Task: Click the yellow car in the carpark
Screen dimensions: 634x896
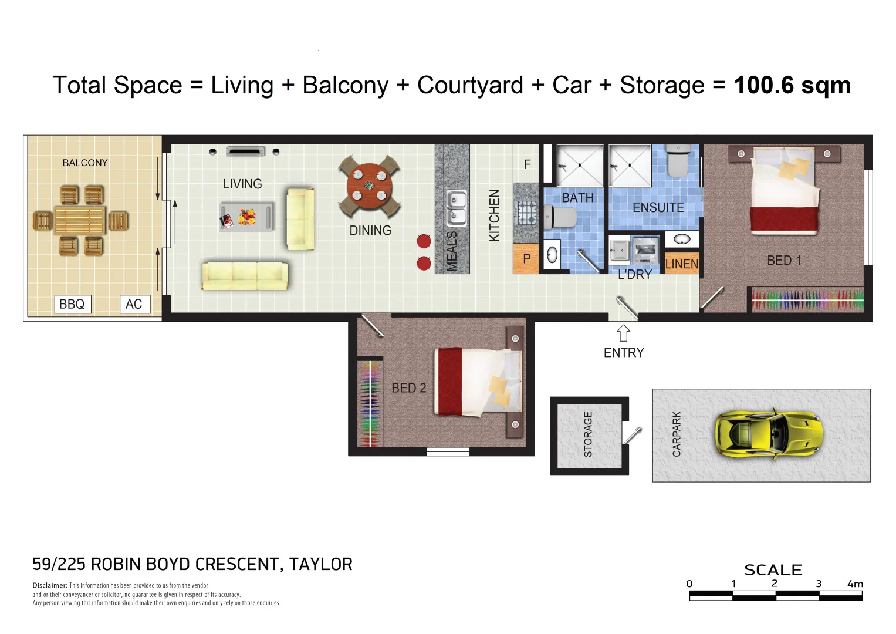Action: [x=768, y=435]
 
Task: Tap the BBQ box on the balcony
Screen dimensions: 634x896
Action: [x=72, y=304]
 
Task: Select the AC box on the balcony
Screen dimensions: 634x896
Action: [x=134, y=304]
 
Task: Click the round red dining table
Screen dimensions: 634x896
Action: [x=369, y=186]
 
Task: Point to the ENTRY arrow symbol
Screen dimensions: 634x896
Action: [x=623, y=333]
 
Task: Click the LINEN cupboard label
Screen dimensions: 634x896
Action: [x=682, y=264]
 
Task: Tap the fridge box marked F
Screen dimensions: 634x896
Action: [x=527, y=164]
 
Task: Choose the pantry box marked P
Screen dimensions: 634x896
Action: [x=526, y=259]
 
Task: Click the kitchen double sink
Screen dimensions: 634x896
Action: [x=456, y=208]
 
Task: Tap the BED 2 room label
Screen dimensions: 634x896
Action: [x=408, y=388]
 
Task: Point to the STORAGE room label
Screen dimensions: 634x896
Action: [x=588, y=434]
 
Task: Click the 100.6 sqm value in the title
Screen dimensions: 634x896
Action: [x=792, y=85]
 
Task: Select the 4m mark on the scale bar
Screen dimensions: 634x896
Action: [x=855, y=584]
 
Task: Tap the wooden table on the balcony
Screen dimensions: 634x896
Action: [x=80, y=220]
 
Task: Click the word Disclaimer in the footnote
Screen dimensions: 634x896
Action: [x=49, y=585]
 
